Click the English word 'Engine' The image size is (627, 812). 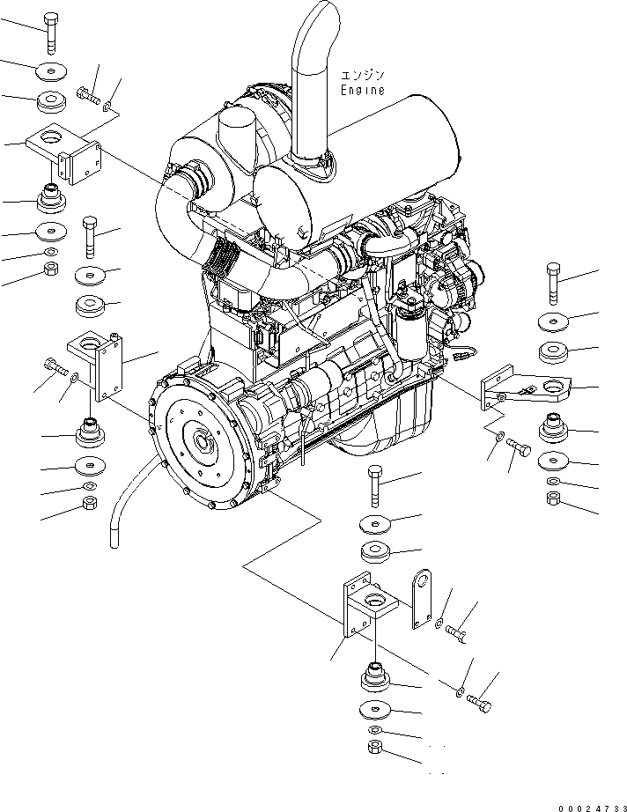(x=363, y=90)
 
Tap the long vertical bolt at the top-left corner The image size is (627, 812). (x=50, y=33)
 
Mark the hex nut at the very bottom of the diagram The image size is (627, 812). (x=373, y=749)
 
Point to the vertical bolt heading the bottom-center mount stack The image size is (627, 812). (x=374, y=484)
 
